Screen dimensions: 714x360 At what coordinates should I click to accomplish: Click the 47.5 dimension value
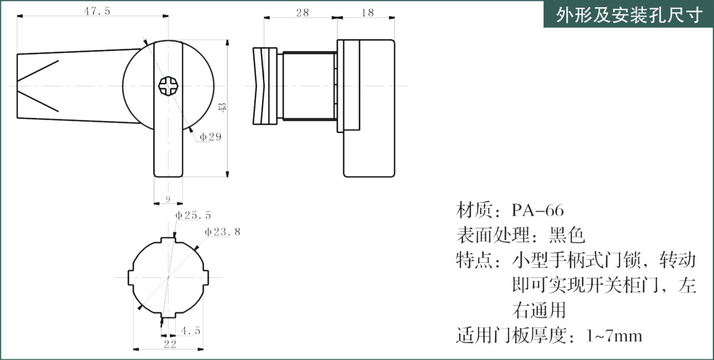(x=97, y=11)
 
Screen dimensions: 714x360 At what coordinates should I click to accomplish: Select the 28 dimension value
(x=302, y=13)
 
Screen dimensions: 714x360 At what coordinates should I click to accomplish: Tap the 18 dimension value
(x=368, y=13)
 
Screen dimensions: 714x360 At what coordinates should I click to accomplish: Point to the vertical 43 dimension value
(x=222, y=107)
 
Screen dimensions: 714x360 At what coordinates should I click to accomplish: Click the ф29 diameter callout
(x=210, y=137)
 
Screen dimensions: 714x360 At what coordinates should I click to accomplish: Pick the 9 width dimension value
(x=168, y=199)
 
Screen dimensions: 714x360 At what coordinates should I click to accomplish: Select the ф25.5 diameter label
(x=193, y=215)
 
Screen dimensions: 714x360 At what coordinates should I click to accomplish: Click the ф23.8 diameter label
(x=223, y=232)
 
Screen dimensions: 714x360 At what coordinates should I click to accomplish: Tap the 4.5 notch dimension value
(x=190, y=331)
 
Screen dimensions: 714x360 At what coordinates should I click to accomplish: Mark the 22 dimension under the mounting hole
(x=170, y=344)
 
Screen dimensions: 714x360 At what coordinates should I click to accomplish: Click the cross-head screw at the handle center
(x=168, y=86)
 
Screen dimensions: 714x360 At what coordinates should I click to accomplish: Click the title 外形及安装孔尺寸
(x=629, y=15)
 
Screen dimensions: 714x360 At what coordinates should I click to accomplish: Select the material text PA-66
(x=538, y=210)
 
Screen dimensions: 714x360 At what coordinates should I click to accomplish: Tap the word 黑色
(x=566, y=235)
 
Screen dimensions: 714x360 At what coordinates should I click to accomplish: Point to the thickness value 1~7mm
(x=614, y=336)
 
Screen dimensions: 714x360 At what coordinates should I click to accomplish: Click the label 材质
(x=474, y=210)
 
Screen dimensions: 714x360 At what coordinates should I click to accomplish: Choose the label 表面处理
(x=493, y=235)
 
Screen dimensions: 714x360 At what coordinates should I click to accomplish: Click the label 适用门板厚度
(x=511, y=336)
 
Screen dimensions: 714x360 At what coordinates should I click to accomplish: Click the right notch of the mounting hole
(x=206, y=278)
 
